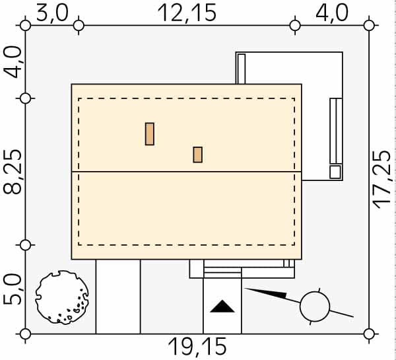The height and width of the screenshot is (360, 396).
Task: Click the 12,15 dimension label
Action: pos(187,13)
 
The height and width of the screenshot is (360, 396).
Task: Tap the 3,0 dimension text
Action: pos(52,13)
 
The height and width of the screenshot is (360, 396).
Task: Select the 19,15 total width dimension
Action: pos(197,347)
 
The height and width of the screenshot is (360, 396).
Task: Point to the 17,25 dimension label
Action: pos(382,180)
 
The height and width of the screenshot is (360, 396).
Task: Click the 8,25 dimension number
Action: pos(13,172)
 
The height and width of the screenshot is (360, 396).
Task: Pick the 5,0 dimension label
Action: pos(13,290)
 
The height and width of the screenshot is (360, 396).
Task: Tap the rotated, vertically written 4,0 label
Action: pos(13,62)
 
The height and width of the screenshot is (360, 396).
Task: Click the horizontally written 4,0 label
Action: pos(332,13)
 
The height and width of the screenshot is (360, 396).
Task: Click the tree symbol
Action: pos(62,297)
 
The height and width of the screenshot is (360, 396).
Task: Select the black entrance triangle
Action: pos(222,306)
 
